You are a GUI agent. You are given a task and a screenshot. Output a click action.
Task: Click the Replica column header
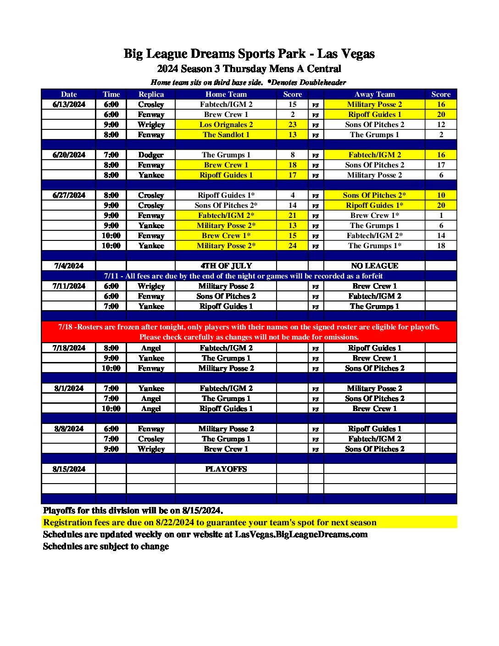(x=151, y=94)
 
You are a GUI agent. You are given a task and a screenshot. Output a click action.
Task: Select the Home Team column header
(x=226, y=94)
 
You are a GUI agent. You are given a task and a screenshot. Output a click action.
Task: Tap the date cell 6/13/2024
(x=69, y=104)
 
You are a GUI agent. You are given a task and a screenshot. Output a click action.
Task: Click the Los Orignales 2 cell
(x=226, y=124)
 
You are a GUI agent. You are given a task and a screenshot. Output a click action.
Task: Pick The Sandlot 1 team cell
(x=226, y=134)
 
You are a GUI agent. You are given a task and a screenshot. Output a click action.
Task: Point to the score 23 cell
(x=292, y=124)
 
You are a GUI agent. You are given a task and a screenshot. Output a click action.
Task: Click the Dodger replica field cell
(x=151, y=155)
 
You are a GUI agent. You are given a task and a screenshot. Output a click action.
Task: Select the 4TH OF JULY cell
(x=226, y=266)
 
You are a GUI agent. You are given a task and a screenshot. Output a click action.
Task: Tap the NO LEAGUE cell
(x=374, y=266)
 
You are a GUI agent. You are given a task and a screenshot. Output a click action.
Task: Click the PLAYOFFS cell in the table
(x=226, y=469)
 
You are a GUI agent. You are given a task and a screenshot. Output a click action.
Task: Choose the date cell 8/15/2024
(x=69, y=469)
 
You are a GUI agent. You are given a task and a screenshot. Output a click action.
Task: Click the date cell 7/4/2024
(x=69, y=266)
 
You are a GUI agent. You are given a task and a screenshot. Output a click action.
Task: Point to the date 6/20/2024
(x=69, y=155)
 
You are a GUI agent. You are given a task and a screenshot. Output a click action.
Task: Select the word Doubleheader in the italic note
(x=322, y=83)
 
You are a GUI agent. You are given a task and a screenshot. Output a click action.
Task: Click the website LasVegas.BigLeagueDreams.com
(x=301, y=535)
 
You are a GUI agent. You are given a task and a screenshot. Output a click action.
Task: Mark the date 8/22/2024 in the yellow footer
(x=175, y=523)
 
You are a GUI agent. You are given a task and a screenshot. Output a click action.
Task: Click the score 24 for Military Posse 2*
(x=292, y=245)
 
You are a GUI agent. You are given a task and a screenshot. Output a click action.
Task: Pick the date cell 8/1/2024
(x=69, y=388)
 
